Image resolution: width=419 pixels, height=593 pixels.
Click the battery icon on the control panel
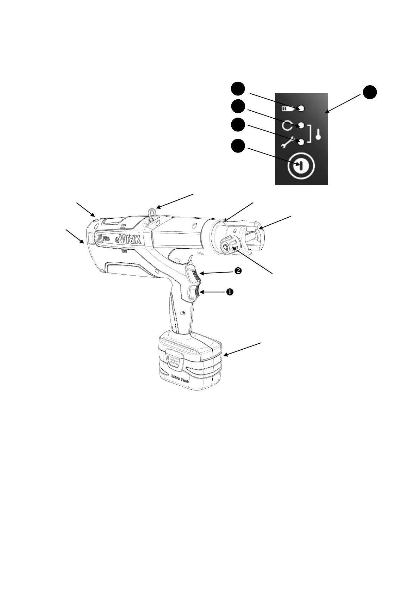click(x=287, y=109)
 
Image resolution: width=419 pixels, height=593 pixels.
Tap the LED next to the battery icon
click(x=301, y=108)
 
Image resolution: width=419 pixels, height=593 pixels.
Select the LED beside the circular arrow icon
click(x=301, y=125)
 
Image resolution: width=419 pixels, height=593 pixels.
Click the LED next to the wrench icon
click(x=301, y=142)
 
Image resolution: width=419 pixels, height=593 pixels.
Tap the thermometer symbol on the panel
click(x=318, y=134)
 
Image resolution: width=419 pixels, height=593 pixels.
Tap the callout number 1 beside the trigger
click(x=229, y=292)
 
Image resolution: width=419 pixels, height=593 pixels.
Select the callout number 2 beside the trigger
click(x=238, y=271)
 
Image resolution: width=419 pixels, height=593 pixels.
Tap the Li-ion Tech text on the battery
click(x=180, y=379)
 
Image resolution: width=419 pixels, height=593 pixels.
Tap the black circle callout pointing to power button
click(x=238, y=146)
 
